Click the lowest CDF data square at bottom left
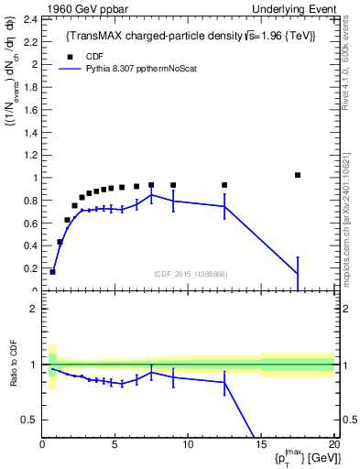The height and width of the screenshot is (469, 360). point(53,271)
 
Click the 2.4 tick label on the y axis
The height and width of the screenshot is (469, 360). point(30,19)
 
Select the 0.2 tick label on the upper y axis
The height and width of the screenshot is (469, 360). point(30,268)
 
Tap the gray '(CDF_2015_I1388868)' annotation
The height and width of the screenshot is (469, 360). point(191,275)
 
